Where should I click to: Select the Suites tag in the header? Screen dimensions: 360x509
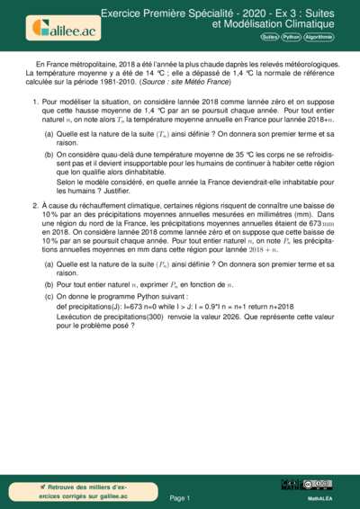[x=269, y=38]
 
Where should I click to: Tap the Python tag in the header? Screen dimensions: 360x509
[x=291, y=38]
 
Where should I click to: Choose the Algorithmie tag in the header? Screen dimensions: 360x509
[x=319, y=38]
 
